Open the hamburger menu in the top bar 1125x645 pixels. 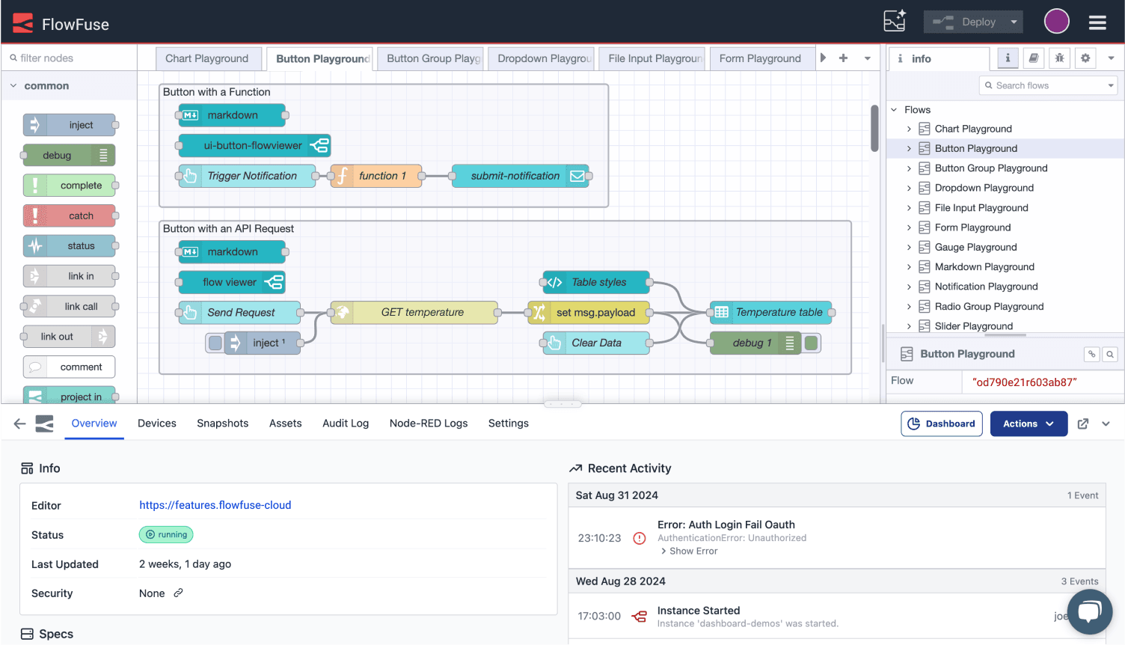click(1097, 22)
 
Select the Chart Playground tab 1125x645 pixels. click(207, 58)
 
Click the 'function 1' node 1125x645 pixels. click(377, 176)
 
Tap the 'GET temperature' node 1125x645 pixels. click(423, 312)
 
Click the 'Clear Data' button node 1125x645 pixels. click(596, 343)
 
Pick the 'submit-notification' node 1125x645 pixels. click(521, 176)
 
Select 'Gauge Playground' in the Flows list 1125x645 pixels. click(975, 247)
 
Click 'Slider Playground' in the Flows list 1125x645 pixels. click(973, 326)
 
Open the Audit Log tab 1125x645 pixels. click(346, 424)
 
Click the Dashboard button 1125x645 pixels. click(942, 424)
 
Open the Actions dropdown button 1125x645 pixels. click(1029, 424)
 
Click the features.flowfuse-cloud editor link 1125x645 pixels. click(215, 505)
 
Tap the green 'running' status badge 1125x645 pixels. click(166, 534)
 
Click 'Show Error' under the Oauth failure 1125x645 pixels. click(693, 551)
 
